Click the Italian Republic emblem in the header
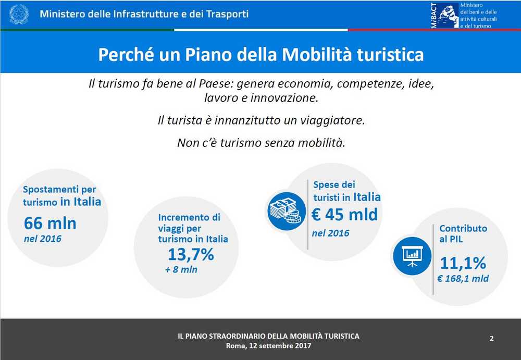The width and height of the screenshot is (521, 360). pyautogui.click(x=19, y=14)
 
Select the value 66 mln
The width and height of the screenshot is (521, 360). pyautogui.click(x=50, y=222)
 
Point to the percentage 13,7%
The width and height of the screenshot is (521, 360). pyautogui.click(x=191, y=254)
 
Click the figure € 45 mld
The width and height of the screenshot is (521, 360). pyautogui.click(x=344, y=215)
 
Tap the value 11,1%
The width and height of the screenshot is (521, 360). pyautogui.click(x=463, y=263)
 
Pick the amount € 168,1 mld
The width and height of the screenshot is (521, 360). pyautogui.click(x=463, y=279)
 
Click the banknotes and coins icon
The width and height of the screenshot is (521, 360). pyautogui.click(x=286, y=211)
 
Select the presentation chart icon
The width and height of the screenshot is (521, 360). pyautogui.click(x=412, y=256)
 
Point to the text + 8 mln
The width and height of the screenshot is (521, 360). pyautogui.click(x=181, y=269)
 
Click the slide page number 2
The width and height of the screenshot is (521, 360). pyautogui.click(x=491, y=339)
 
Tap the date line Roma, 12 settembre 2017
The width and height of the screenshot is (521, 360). pyautogui.click(x=268, y=346)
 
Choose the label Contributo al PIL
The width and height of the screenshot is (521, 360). pyautogui.click(x=463, y=234)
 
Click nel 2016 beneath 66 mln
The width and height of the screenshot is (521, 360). pyautogui.click(x=43, y=239)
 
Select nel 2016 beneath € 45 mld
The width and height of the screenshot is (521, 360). pyautogui.click(x=330, y=233)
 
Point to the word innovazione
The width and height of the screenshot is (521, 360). pyautogui.click(x=284, y=98)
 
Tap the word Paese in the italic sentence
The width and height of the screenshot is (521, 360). pyautogui.click(x=216, y=83)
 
